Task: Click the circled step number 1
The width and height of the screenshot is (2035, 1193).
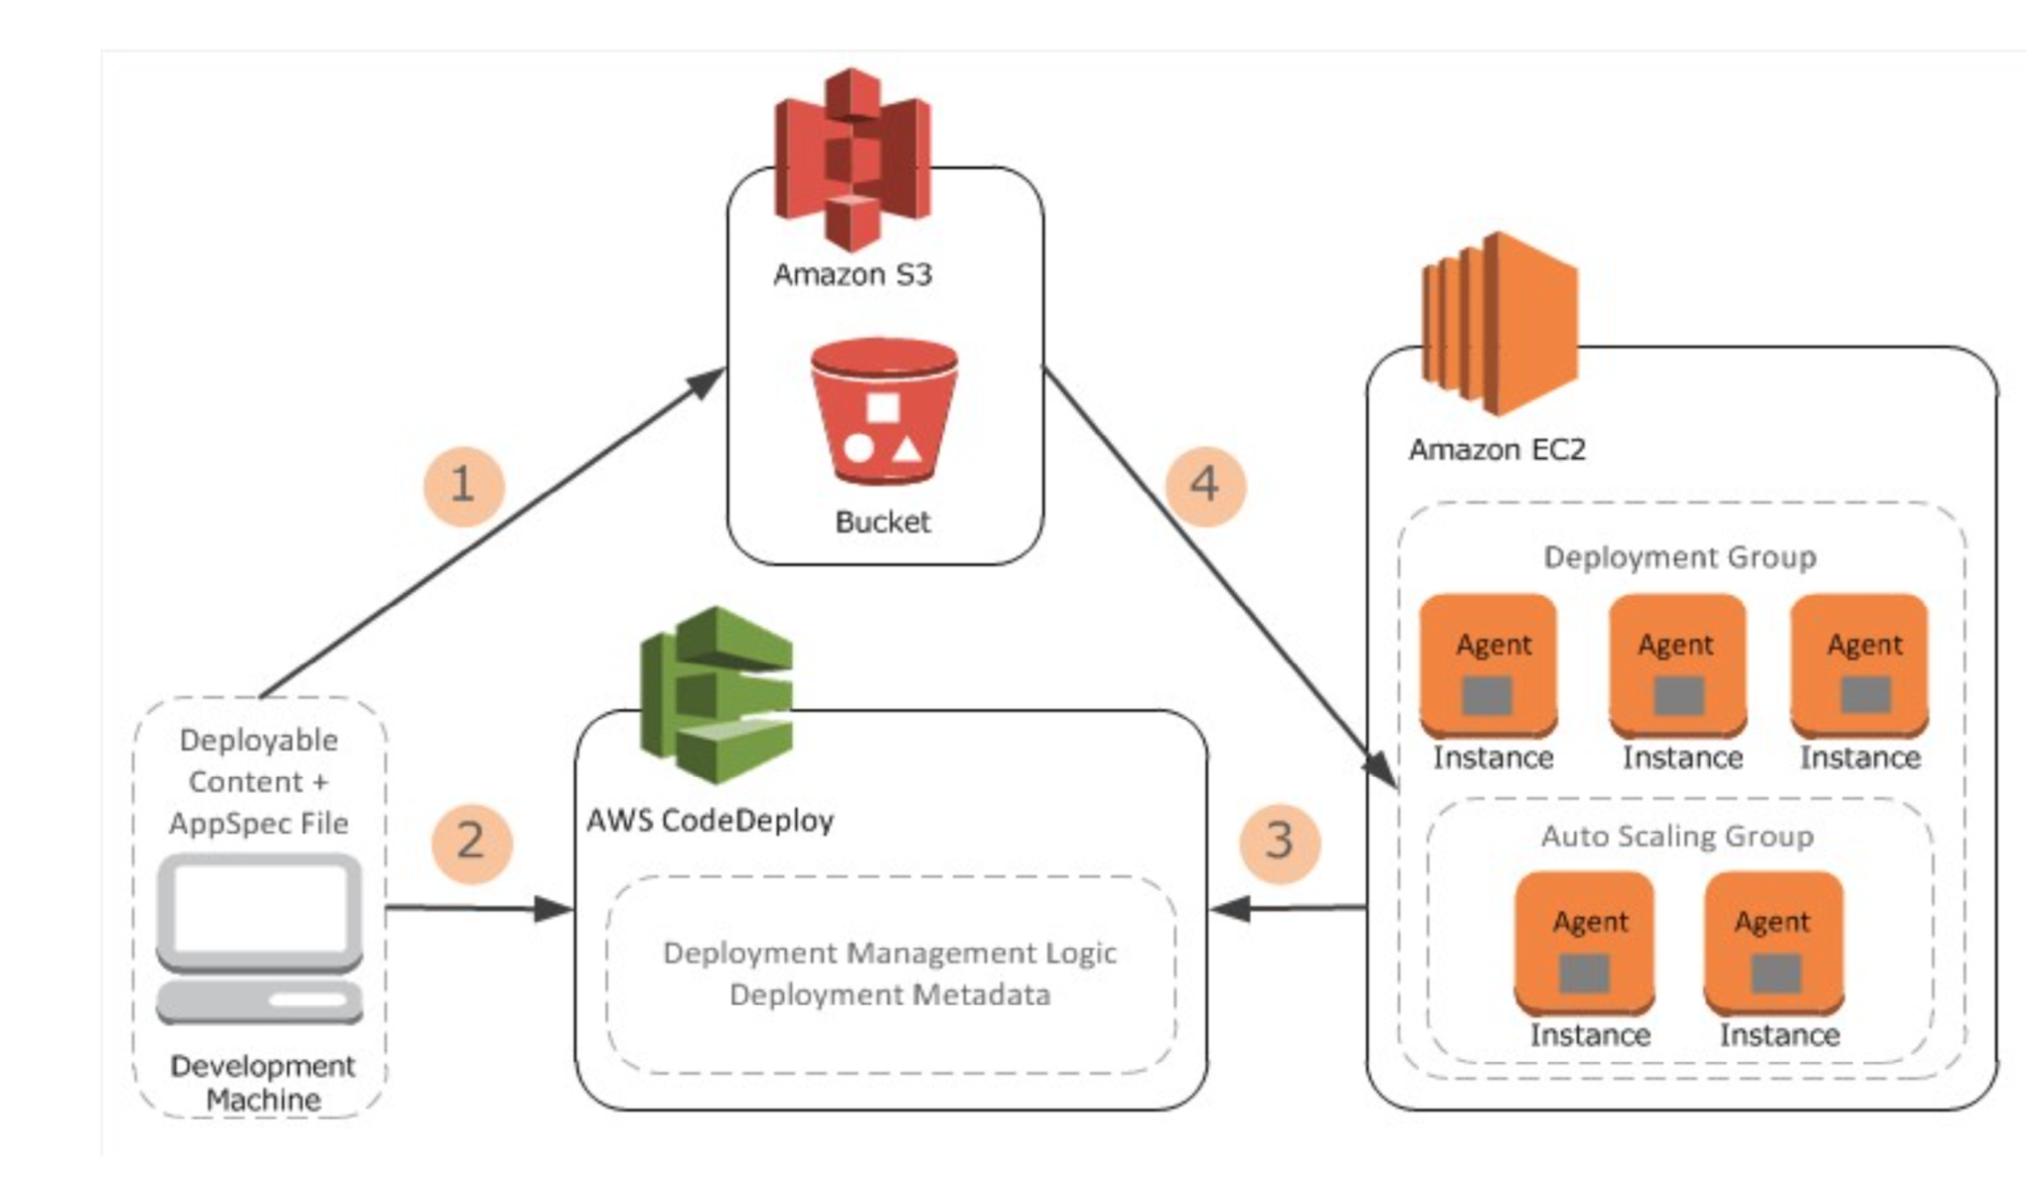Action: pos(464,486)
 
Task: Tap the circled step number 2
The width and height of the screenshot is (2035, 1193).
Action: pos(471,842)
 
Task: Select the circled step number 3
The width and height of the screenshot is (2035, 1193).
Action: pos(1280,842)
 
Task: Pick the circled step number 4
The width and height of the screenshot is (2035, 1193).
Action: pos(1204,485)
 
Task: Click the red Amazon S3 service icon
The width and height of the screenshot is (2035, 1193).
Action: pos(853,159)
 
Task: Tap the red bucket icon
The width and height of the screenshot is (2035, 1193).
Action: pos(883,411)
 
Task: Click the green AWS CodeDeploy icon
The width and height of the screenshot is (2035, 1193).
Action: pos(717,695)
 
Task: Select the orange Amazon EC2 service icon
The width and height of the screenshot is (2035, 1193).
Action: pos(1499,324)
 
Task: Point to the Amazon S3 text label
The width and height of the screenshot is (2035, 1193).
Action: pos(853,274)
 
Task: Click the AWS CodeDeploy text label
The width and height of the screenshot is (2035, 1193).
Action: pos(709,820)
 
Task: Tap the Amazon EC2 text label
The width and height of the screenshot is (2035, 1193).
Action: pos(1496,450)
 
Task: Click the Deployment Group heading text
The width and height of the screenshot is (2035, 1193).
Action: pos(1679,557)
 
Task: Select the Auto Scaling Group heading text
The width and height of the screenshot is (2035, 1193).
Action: pos(1677,836)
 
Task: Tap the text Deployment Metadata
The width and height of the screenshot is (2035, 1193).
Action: pos(889,994)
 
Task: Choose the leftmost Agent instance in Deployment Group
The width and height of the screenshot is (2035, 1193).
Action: pos(1487,666)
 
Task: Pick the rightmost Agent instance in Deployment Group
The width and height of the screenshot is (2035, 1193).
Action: pos(1859,666)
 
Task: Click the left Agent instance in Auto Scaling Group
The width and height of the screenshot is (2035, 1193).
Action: pos(1584,944)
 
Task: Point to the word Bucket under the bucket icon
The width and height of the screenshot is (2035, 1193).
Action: pos(882,522)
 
